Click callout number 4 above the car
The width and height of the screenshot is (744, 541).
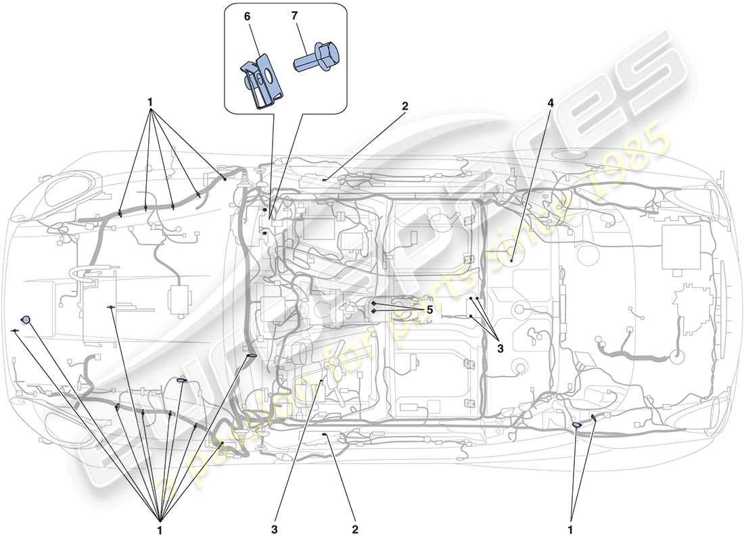(551, 103)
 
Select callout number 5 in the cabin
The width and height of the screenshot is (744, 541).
(429, 309)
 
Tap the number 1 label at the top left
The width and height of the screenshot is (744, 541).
(150, 103)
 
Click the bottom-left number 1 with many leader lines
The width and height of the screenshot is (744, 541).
(160, 530)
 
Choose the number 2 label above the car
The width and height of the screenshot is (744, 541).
(404, 106)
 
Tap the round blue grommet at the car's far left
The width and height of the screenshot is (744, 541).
(26, 319)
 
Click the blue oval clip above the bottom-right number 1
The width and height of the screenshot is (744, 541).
(577, 425)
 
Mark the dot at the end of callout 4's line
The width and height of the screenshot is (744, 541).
(512, 260)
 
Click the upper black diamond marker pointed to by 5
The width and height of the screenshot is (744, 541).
(373, 304)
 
